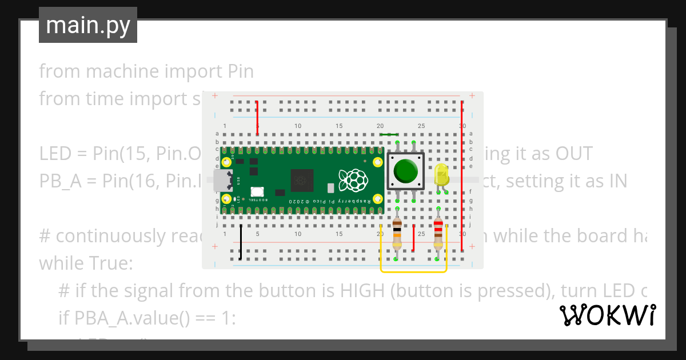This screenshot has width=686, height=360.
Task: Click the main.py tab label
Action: click(x=87, y=25)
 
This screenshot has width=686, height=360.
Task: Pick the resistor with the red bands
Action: click(x=438, y=232)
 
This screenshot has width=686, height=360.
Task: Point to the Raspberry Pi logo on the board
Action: click(x=352, y=180)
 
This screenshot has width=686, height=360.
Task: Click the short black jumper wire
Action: click(x=241, y=242)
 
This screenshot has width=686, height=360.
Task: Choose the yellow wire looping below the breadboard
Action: click(x=413, y=271)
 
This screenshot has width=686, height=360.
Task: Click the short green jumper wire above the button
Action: click(x=389, y=135)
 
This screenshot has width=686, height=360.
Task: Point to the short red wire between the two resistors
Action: click(x=413, y=238)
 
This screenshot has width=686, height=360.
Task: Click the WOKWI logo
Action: click(x=607, y=315)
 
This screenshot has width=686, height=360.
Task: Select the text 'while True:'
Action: click(x=86, y=263)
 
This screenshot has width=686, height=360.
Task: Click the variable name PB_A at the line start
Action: click(x=60, y=181)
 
